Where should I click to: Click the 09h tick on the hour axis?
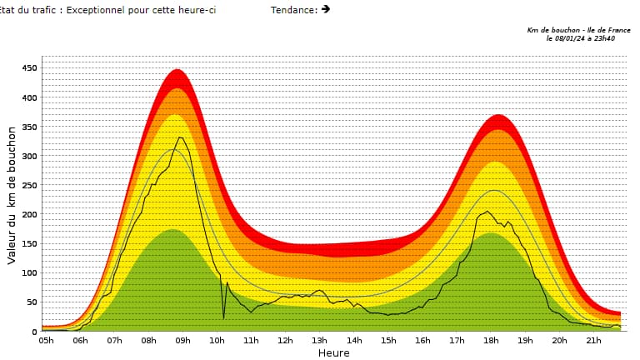[x=182, y=340]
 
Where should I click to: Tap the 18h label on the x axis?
[x=492, y=340]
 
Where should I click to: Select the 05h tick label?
[x=46, y=340]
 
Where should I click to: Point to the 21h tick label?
[x=594, y=340]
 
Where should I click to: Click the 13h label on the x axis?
[x=320, y=340]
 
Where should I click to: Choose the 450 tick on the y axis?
[x=29, y=68]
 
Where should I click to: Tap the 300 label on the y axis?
[x=29, y=156]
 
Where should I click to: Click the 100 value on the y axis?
[x=29, y=272]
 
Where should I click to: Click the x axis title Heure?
[x=333, y=352]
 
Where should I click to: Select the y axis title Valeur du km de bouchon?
[x=12, y=196]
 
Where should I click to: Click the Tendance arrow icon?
[x=325, y=9]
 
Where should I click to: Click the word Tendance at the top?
[x=293, y=9]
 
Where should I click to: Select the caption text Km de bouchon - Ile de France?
[x=578, y=30]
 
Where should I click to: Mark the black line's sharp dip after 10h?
[x=223, y=317]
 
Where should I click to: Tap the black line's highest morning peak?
[x=179, y=137]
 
